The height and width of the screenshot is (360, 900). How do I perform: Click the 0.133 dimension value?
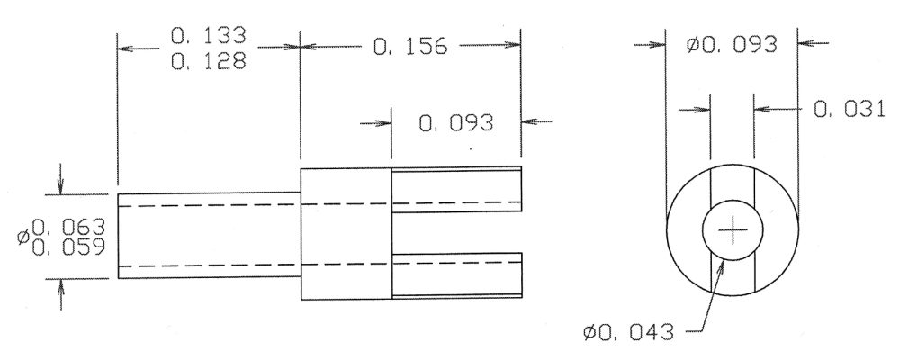tap(209, 36)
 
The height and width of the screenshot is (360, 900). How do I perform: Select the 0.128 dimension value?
tap(209, 61)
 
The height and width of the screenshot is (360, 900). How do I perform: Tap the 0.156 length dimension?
tap(409, 47)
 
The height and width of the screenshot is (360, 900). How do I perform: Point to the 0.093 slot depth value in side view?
tap(455, 123)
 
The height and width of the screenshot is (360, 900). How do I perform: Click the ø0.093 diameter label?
tap(732, 44)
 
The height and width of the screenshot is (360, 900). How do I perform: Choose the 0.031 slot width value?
tap(850, 109)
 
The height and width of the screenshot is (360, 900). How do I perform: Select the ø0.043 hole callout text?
tap(628, 332)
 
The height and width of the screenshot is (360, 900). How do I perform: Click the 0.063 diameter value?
tap(69, 228)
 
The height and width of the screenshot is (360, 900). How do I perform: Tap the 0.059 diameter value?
tap(69, 247)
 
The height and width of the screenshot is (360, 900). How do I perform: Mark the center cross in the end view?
tap(733, 230)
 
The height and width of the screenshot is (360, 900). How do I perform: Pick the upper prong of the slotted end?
tap(457, 190)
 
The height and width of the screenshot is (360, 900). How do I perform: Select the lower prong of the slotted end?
tap(457, 275)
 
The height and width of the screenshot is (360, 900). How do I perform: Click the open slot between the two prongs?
tap(457, 232)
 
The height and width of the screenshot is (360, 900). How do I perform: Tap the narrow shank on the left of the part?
tap(209, 236)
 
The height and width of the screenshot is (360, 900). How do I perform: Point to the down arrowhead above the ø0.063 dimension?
tap(61, 186)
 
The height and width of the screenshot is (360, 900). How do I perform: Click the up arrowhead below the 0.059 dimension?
tap(61, 286)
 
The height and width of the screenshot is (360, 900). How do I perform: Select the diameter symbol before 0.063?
tap(23, 236)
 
